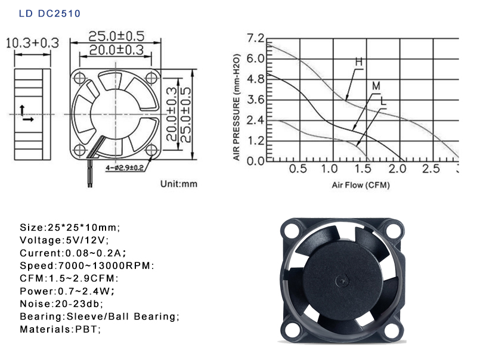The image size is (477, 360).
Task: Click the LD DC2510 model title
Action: click(49, 14)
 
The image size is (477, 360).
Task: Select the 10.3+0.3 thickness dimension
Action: click(32, 43)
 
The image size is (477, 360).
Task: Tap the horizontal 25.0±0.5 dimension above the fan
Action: click(116, 36)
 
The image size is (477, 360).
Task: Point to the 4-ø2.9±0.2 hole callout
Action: click(125, 167)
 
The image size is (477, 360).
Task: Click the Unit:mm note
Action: click(179, 184)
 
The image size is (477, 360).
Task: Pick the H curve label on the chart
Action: click(359, 62)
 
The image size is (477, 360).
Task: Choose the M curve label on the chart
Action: click(376, 86)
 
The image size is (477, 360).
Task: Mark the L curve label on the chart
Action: click(383, 101)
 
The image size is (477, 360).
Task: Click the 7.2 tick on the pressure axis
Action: click(256, 38)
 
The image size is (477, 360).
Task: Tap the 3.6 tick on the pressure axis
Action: click(256, 100)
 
